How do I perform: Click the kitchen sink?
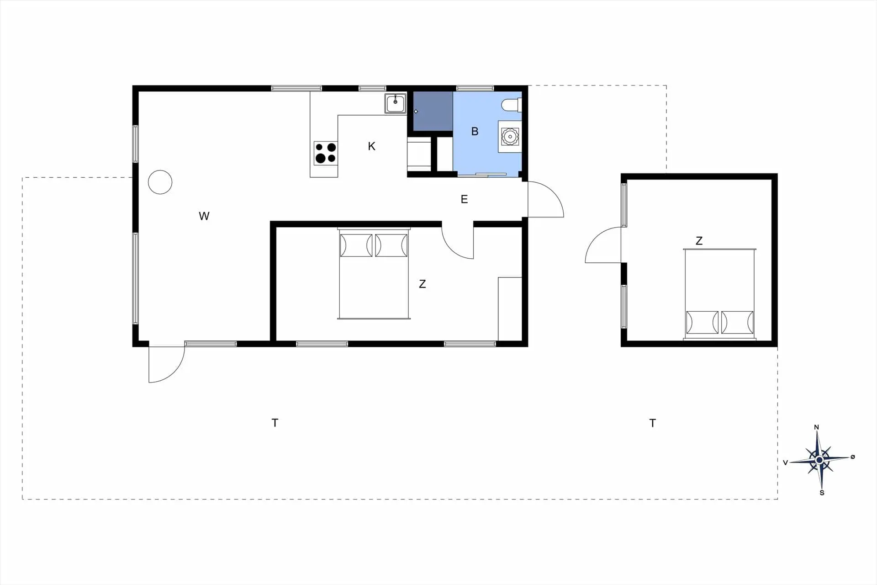(x=395, y=103)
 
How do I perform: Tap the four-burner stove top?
(x=326, y=153)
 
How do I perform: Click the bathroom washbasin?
(x=510, y=136)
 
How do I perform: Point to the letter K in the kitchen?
(x=371, y=146)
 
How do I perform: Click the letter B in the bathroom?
(x=475, y=132)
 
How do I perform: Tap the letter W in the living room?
(x=204, y=216)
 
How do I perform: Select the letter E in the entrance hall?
(x=464, y=199)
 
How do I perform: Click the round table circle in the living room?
(x=160, y=182)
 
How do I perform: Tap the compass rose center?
(x=819, y=459)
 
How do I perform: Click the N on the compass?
(x=817, y=427)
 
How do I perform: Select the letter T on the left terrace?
(x=275, y=423)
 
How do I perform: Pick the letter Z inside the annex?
(x=699, y=241)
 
